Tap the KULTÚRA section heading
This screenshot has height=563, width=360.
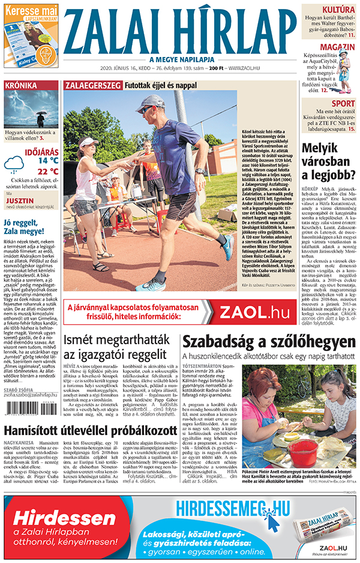click(338, 10)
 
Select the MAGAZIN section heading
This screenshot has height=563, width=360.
click(337, 47)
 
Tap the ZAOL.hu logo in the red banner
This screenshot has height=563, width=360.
click(254, 312)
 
